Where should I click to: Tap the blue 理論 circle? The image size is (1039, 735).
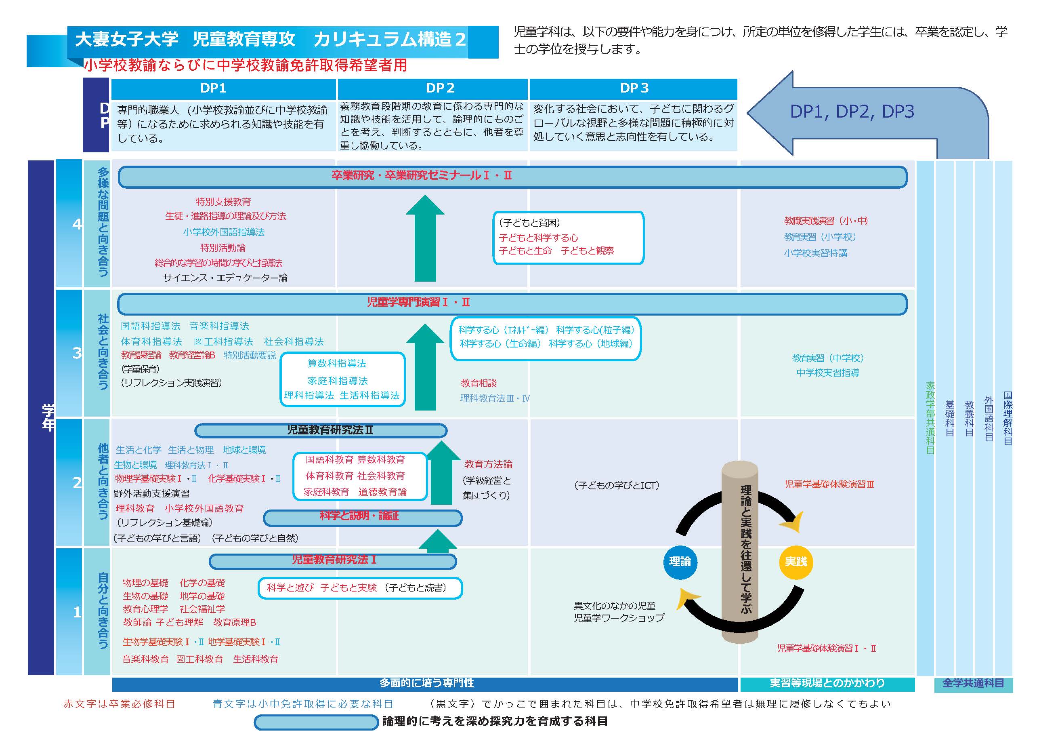click(680, 562)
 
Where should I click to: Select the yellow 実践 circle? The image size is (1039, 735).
click(796, 562)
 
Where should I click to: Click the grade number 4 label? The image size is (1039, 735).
click(77, 224)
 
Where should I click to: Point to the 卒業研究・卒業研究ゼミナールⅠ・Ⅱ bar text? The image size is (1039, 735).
click(421, 176)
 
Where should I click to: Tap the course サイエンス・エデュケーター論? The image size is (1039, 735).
click(225, 278)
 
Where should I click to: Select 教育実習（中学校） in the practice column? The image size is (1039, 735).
click(828, 358)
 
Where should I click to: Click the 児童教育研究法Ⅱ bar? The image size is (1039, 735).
click(321, 430)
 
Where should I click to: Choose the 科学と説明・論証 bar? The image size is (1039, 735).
click(363, 518)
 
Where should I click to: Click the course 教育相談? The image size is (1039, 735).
click(479, 383)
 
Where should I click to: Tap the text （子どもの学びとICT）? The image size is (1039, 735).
click(616, 485)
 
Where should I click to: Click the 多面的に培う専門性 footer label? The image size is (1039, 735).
click(426, 683)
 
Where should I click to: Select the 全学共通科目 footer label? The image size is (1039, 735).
click(973, 683)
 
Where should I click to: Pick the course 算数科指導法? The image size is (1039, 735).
click(337, 363)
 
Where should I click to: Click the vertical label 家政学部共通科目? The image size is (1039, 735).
click(930, 417)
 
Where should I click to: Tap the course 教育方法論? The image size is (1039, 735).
click(488, 464)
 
